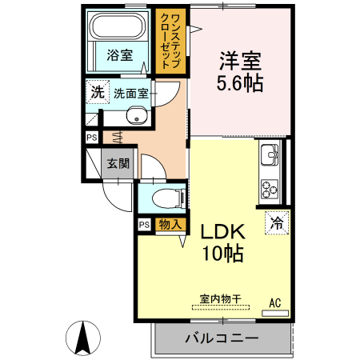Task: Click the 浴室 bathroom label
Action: [x=121, y=55]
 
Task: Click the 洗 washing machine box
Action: [x=97, y=92]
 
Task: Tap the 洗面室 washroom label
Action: [x=130, y=93]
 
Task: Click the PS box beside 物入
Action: [x=144, y=225]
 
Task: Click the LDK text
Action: [x=222, y=232]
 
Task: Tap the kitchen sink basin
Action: [x=267, y=154]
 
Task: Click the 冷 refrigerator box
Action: [x=276, y=222]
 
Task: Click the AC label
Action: [x=275, y=302]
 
